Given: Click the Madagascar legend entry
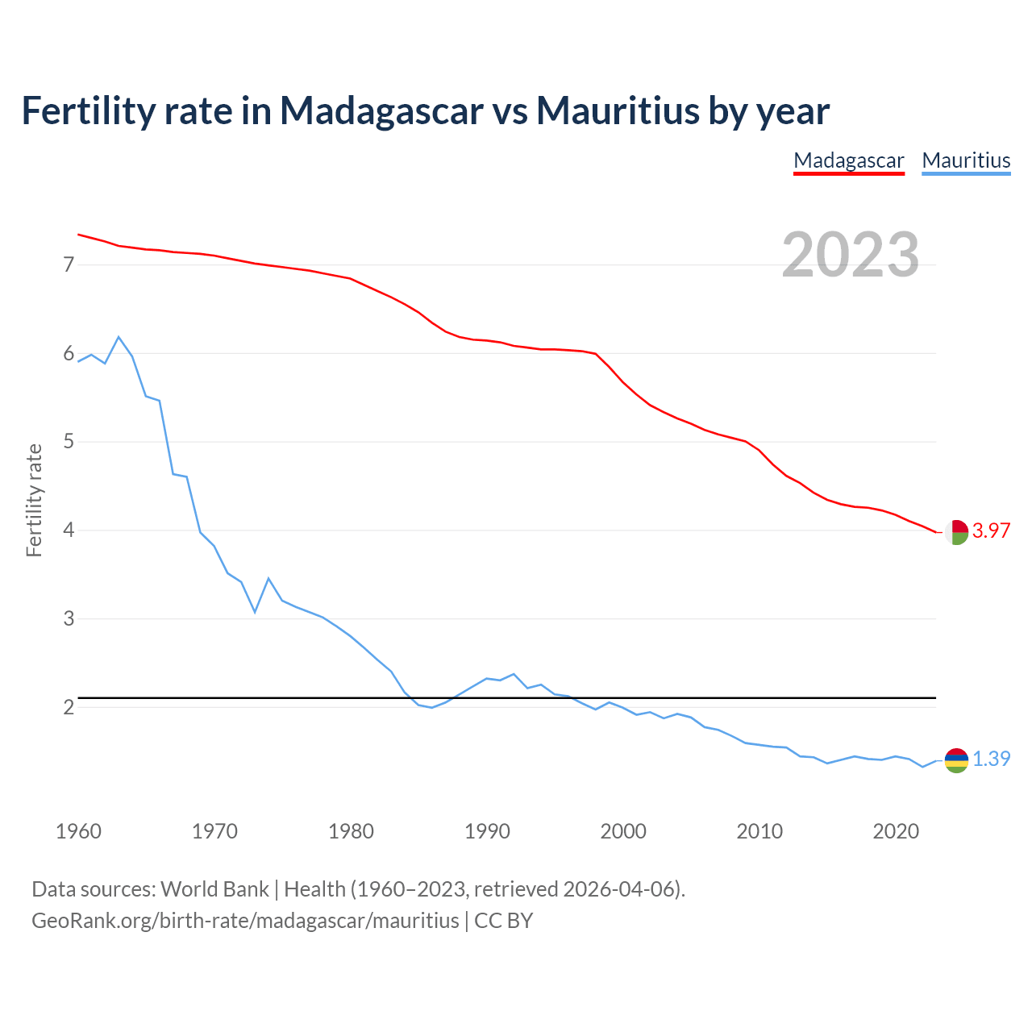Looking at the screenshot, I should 848,160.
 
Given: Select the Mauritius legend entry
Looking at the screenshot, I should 966,160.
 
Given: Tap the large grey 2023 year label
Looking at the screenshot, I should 851,255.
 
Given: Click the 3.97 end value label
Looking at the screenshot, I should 991,531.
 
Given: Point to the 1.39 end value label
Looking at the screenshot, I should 991,759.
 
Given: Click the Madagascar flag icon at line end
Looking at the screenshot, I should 956,532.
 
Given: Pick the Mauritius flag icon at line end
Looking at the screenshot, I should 956,760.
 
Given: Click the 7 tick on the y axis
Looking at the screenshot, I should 69,264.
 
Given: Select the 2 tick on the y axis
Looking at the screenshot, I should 69,707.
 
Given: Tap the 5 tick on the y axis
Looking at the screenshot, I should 69,442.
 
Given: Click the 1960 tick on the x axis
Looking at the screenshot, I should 78,831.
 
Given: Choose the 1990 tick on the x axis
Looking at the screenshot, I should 487,831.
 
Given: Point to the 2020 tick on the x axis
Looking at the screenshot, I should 896,831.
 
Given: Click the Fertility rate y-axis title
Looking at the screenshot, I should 34,500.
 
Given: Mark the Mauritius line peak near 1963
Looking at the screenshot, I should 119,337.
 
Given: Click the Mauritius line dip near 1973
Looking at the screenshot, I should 255,612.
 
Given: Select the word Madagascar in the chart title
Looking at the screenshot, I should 381,110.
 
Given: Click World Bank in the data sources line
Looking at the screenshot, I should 214,889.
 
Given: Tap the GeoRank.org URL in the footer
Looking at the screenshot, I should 245,921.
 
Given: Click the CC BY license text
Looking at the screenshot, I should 504,921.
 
